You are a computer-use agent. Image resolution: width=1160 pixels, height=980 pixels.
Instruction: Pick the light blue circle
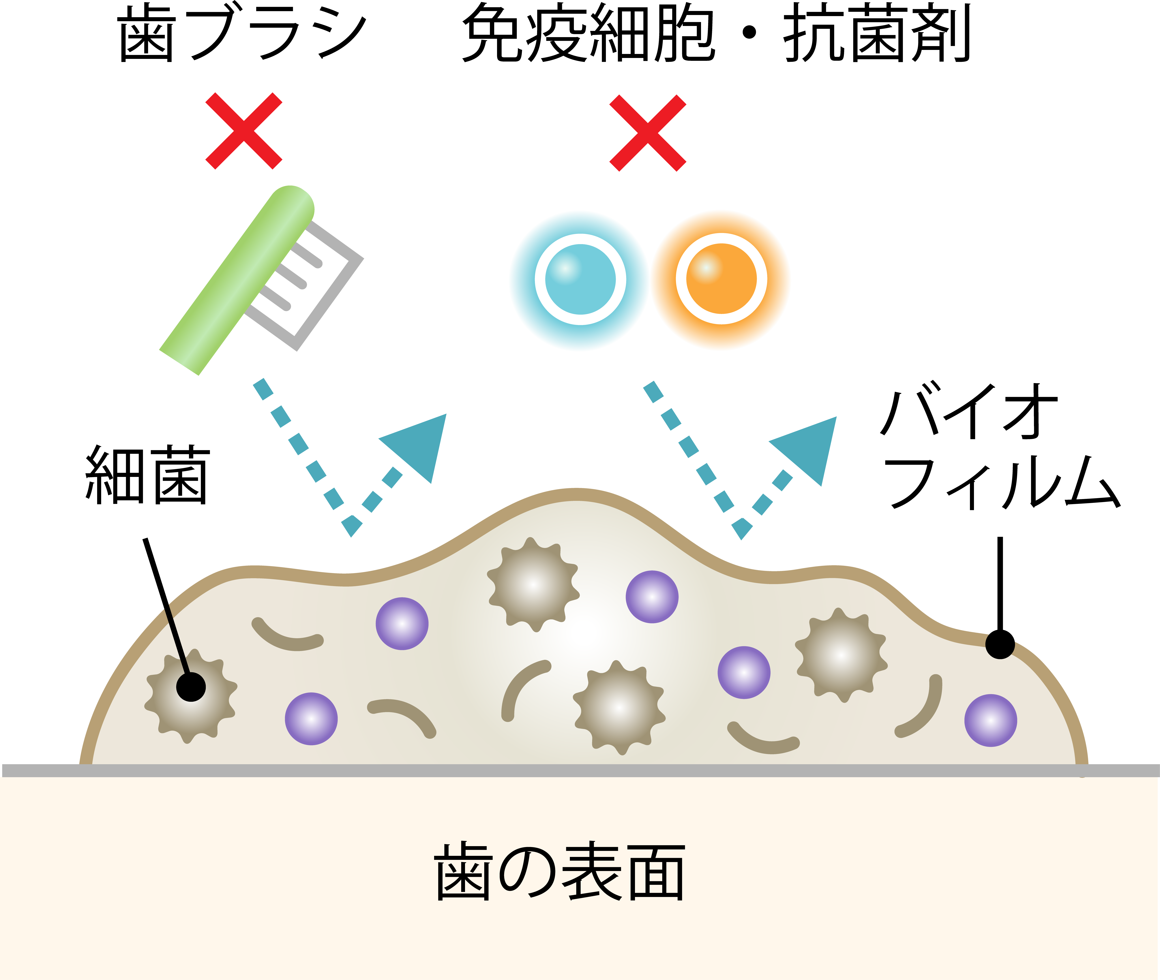(x=580, y=281)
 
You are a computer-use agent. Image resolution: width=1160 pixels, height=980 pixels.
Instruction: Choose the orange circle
(x=721, y=281)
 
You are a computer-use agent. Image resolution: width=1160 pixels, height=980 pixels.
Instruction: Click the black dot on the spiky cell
(x=191, y=687)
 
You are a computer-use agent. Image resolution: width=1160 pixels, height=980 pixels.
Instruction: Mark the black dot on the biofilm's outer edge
(x=1000, y=644)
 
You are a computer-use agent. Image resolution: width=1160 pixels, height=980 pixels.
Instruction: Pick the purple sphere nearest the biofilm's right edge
(x=990, y=721)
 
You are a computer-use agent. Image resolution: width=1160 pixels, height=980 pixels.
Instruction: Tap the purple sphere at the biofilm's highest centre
(x=652, y=597)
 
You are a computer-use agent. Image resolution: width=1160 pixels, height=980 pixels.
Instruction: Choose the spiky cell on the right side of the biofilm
(x=841, y=656)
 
